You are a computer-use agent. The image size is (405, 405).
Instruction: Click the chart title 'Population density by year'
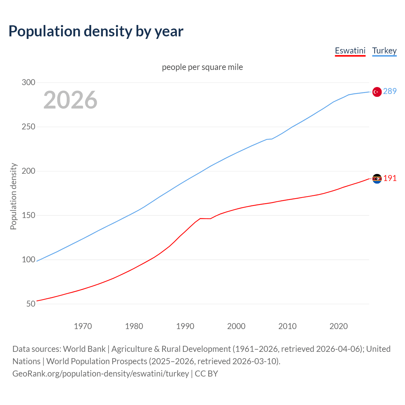pos(96,31)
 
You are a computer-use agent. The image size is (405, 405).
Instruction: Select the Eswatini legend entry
pos(350,51)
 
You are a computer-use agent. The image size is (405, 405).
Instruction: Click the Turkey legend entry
pos(384,51)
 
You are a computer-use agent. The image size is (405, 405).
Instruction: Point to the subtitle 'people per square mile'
pos(202,67)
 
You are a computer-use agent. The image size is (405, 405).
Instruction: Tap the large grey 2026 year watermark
pos(70,100)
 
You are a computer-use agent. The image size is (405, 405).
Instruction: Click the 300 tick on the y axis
pos(28,83)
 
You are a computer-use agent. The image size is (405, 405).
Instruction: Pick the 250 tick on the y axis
pos(28,127)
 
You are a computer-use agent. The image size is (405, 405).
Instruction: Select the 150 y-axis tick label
pos(28,215)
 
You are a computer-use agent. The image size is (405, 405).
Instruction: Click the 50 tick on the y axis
pos(31,304)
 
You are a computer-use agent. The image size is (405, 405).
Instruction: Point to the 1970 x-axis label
pos(83,326)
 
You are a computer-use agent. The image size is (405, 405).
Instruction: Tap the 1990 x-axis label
pos(185,326)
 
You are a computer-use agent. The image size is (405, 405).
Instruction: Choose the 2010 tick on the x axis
pos(287,326)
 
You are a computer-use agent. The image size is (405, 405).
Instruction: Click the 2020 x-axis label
pos(339,326)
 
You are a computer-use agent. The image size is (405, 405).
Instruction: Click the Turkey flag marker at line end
pos(377,92)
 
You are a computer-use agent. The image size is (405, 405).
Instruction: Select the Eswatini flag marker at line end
pos(377,179)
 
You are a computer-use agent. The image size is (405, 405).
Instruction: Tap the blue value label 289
pos(390,91)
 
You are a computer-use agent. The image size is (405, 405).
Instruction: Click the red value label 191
pos(390,178)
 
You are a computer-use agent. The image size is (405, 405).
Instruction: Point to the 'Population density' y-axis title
pos(13,196)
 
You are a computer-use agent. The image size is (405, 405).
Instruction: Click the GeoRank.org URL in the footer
pos(101,374)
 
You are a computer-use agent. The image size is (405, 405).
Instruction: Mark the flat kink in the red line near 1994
pos(205,219)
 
